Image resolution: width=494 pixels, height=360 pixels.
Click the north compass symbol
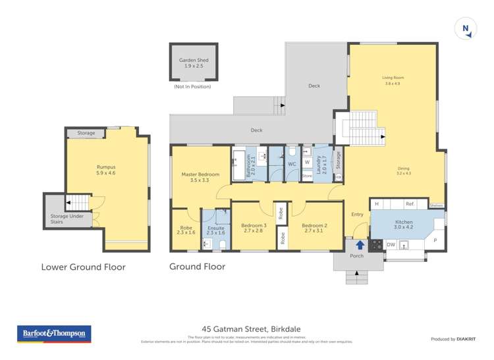pyautogui.click(x=466, y=29)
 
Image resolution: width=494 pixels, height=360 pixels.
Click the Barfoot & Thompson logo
pyautogui.click(x=54, y=334)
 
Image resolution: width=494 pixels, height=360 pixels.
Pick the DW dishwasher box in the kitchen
pyautogui.click(x=391, y=245)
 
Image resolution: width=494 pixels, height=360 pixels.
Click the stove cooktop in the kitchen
pyautogui.click(x=376, y=245)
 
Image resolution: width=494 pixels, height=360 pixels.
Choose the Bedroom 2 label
pyautogui.click(x=315, y=228)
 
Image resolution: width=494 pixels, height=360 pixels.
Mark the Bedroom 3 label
pyautogui.click(x=254, y=228)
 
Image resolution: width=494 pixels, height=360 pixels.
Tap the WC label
pyautogui.click(x=292, y=164)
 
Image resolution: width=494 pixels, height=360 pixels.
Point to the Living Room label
pyautogui.click(x=391, y=81)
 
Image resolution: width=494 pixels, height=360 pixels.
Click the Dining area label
pyautogui.click(x=403, y=170)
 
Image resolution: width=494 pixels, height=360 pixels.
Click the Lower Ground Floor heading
pyautogui.click(x=83, y=267)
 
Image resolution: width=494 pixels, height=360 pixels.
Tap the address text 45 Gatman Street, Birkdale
pyautogui.click(x=247, y=328)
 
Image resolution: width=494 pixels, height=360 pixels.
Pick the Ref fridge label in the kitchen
pyautogui.click(x=409, y=204)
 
